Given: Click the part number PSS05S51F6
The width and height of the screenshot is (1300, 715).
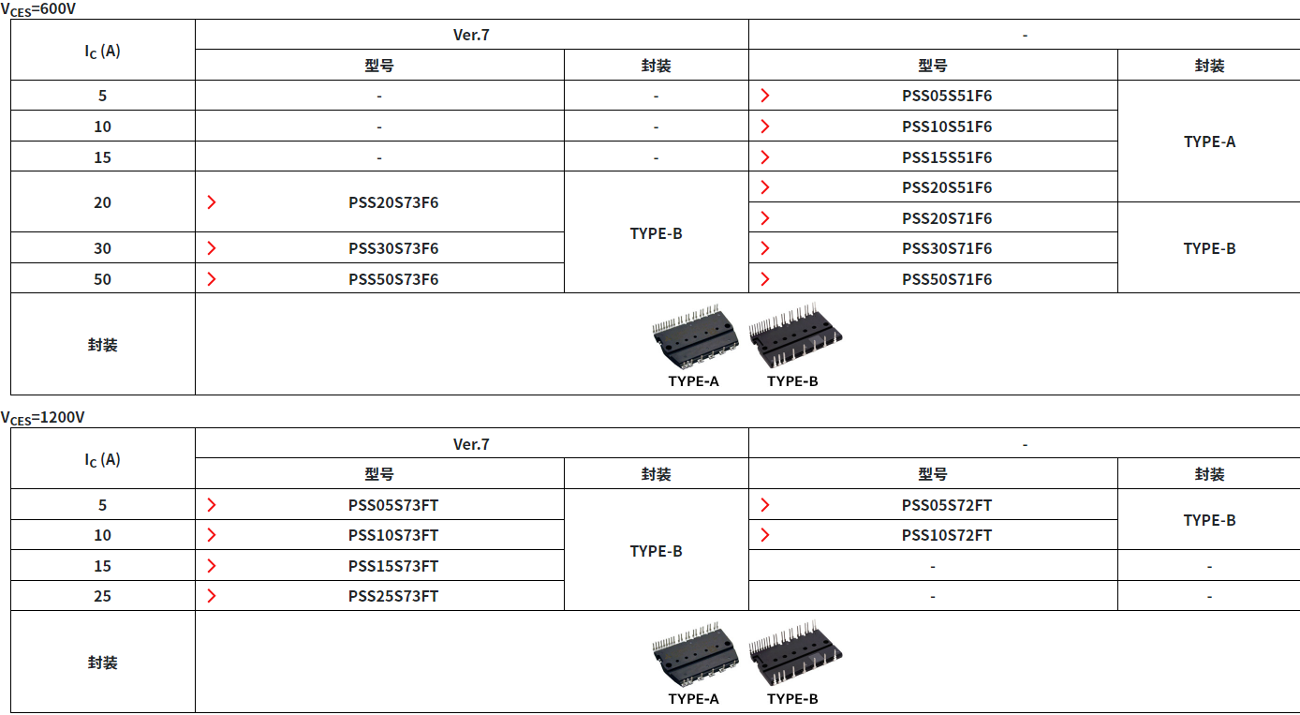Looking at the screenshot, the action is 947,96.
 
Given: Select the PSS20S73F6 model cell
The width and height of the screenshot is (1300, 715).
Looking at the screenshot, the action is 393,202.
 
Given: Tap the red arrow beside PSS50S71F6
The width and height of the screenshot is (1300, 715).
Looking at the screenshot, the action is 765,279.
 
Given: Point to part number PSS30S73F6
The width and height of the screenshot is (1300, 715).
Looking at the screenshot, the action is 393,248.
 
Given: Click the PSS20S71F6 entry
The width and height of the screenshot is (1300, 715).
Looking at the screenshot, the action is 947,218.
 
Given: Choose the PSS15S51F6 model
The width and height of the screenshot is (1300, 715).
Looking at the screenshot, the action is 947,157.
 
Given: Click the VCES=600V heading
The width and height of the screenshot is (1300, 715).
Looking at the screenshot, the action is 38,10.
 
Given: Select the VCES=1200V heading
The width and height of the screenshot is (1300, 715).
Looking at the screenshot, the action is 43,418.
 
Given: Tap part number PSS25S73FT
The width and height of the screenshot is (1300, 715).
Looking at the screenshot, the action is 393,597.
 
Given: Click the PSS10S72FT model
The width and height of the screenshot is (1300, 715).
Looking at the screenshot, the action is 947,535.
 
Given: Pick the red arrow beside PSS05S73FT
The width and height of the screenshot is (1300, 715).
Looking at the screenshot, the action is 212,505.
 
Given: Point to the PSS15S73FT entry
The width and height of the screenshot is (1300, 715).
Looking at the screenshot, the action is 393,566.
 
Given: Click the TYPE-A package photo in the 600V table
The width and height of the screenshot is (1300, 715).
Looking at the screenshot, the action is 695,336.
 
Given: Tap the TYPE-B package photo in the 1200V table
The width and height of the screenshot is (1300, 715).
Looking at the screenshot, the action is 795,653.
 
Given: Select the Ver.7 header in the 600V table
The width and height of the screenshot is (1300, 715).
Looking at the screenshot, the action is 471,35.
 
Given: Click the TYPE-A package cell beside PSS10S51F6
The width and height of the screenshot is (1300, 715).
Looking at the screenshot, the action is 1209,142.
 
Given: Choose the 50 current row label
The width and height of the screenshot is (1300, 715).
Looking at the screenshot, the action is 103,279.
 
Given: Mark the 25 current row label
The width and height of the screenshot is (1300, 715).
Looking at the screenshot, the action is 103,597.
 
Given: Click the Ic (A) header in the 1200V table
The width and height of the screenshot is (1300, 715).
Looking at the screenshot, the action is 103,460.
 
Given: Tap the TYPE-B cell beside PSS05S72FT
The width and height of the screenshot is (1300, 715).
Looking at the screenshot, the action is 1209,520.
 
